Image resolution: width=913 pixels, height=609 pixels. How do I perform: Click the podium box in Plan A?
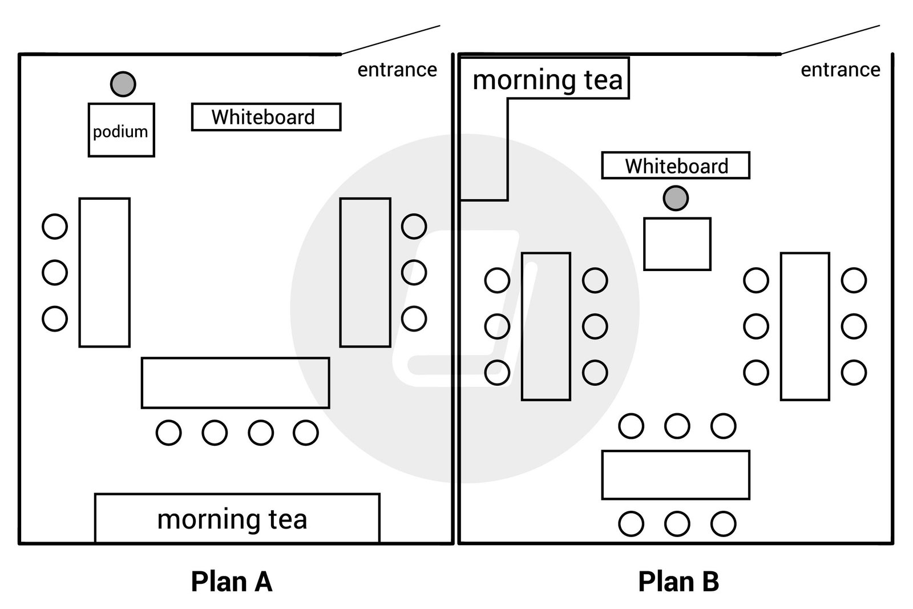121,130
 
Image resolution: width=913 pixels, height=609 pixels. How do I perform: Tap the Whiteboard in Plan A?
266,117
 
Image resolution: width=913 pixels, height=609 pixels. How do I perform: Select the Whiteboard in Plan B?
676,166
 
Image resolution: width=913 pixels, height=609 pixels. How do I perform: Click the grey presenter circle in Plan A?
123,84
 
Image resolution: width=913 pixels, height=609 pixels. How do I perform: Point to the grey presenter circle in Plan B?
676,198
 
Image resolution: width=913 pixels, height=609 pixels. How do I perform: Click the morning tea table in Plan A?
237,518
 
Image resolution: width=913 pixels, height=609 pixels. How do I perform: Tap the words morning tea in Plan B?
547,79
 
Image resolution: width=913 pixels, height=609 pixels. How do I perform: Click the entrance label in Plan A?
397,70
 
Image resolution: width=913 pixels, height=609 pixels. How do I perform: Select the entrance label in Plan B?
840,70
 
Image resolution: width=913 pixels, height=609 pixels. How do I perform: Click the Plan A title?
232,582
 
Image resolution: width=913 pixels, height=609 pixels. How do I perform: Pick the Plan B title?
678,582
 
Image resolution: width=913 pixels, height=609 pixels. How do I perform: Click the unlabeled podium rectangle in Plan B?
677,244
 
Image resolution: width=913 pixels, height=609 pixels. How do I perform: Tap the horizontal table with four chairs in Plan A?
235,383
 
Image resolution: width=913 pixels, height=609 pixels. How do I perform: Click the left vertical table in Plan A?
104,272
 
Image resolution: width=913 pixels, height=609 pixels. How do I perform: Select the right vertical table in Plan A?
365,272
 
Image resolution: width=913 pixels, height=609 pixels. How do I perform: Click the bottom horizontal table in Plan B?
676,475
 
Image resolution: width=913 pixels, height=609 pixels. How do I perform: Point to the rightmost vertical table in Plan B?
805,326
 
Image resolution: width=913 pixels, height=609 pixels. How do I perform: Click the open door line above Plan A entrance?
391,39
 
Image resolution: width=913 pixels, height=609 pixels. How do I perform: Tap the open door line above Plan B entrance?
831,39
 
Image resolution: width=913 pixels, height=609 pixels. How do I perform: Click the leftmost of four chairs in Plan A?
168,433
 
